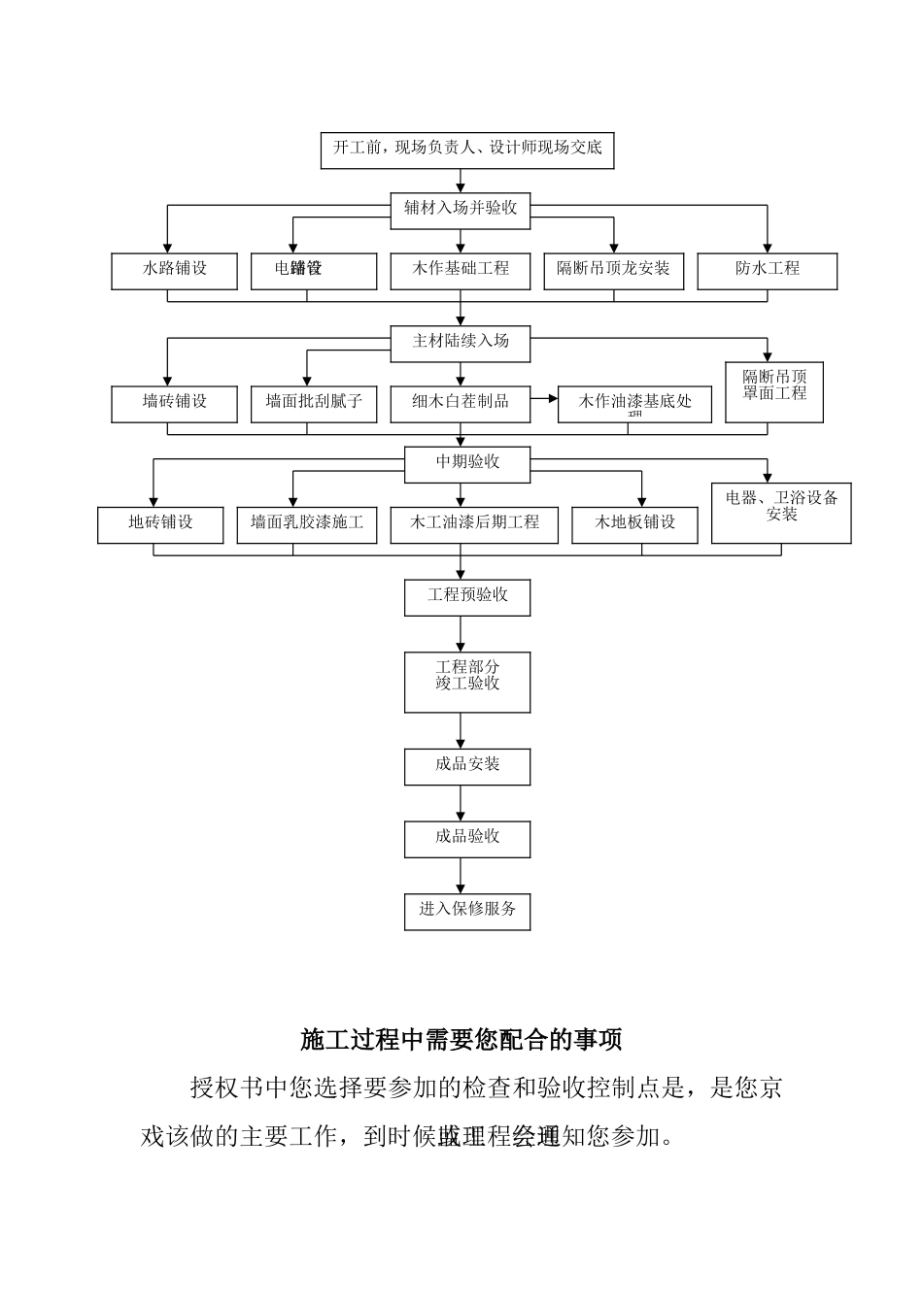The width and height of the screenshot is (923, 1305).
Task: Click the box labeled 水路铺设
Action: [x=175, y=271]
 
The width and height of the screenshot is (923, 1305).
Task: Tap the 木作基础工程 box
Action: [x=461, y=271]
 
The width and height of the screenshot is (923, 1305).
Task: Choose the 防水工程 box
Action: [x=767, y=271]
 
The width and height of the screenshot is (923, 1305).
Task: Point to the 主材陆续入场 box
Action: [x=461, y=343]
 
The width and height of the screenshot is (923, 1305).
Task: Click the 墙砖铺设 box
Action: [x=175, y=403]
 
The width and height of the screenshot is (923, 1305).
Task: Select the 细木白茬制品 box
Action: [x=461, y=403]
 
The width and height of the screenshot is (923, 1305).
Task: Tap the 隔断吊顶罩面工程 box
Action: [x=774, y=391]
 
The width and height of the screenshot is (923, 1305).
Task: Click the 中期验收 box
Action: [x=467, y=463]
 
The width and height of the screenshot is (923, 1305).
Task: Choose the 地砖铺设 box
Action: [x=160, y=524]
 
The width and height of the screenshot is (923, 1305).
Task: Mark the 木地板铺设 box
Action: [x=635, y=524]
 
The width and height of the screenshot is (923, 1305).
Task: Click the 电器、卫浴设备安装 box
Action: [x=781, y=512]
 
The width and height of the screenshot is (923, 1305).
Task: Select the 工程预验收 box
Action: [x=467, y=596]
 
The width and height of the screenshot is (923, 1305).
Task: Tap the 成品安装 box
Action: [x=467, y=766]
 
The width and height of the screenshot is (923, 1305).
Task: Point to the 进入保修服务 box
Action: [x=467, y=911]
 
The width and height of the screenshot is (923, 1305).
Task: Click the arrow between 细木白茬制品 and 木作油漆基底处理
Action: [x=544, y=397]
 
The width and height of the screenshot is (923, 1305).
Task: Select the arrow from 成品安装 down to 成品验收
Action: [x=461, y=803]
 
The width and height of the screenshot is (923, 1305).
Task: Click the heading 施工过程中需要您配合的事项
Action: [x=461, y=1040]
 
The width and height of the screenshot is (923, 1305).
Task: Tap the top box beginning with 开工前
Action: [x=467, y=150]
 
